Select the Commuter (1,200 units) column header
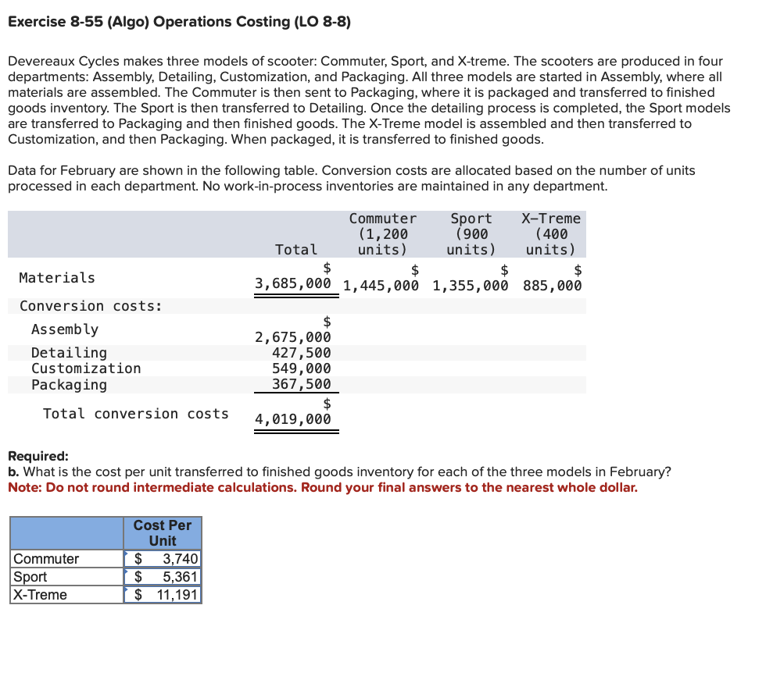[x=382, y=234]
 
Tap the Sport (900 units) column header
[x=471, y=234]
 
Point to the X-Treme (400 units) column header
[x=551, y=234]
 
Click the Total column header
[x=296, y=250]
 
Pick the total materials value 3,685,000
[x=293, y=285]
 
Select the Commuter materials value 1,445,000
[x=381, y=285]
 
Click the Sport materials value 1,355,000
[x=470, y=285]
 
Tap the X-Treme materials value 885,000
[x=552, y=285]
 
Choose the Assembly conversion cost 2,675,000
[x=293, y=337]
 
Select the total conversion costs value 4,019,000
[x=293, y=419]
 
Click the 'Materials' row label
[x=57, y=278]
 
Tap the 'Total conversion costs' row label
[x=136, y=414]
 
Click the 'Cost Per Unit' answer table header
[x=163, y=533]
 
